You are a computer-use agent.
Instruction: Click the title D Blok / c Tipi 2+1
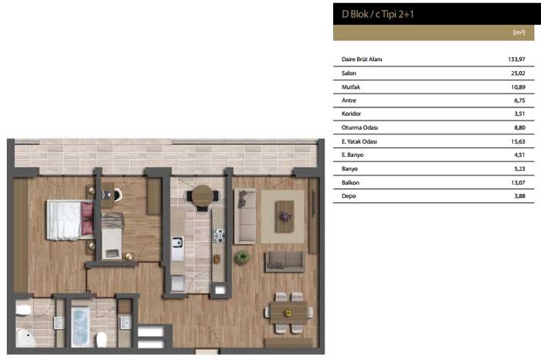[x=377, y=14]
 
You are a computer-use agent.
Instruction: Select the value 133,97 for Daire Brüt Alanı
[x=516, y=59]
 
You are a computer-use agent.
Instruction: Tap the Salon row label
[x=349, y=73]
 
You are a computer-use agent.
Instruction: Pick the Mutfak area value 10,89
[x=518, y=87]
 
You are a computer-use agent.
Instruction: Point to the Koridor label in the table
[x=351, y=114]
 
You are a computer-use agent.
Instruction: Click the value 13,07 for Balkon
[x=518, y=183]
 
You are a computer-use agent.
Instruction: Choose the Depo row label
[x=349, y=196]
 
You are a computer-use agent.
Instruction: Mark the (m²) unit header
[x=519, y=32]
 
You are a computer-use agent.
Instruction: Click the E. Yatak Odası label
[x=359, y=141]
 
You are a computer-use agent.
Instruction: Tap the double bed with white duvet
[x=70, y=220]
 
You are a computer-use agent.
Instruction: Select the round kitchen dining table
[x=202, y=196]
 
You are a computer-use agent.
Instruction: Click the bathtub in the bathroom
[x=80, y=327]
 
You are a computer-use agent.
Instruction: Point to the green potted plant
[x=242, y=257]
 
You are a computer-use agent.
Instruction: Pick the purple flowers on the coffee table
[x=285, y=217]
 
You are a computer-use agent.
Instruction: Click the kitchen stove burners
[x=219, y=236]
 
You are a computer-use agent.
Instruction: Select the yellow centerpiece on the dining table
[x=288, y=313]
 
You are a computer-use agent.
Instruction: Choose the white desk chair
[x=117, y=195]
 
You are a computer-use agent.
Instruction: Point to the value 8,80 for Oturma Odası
[x=519, y=128]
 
